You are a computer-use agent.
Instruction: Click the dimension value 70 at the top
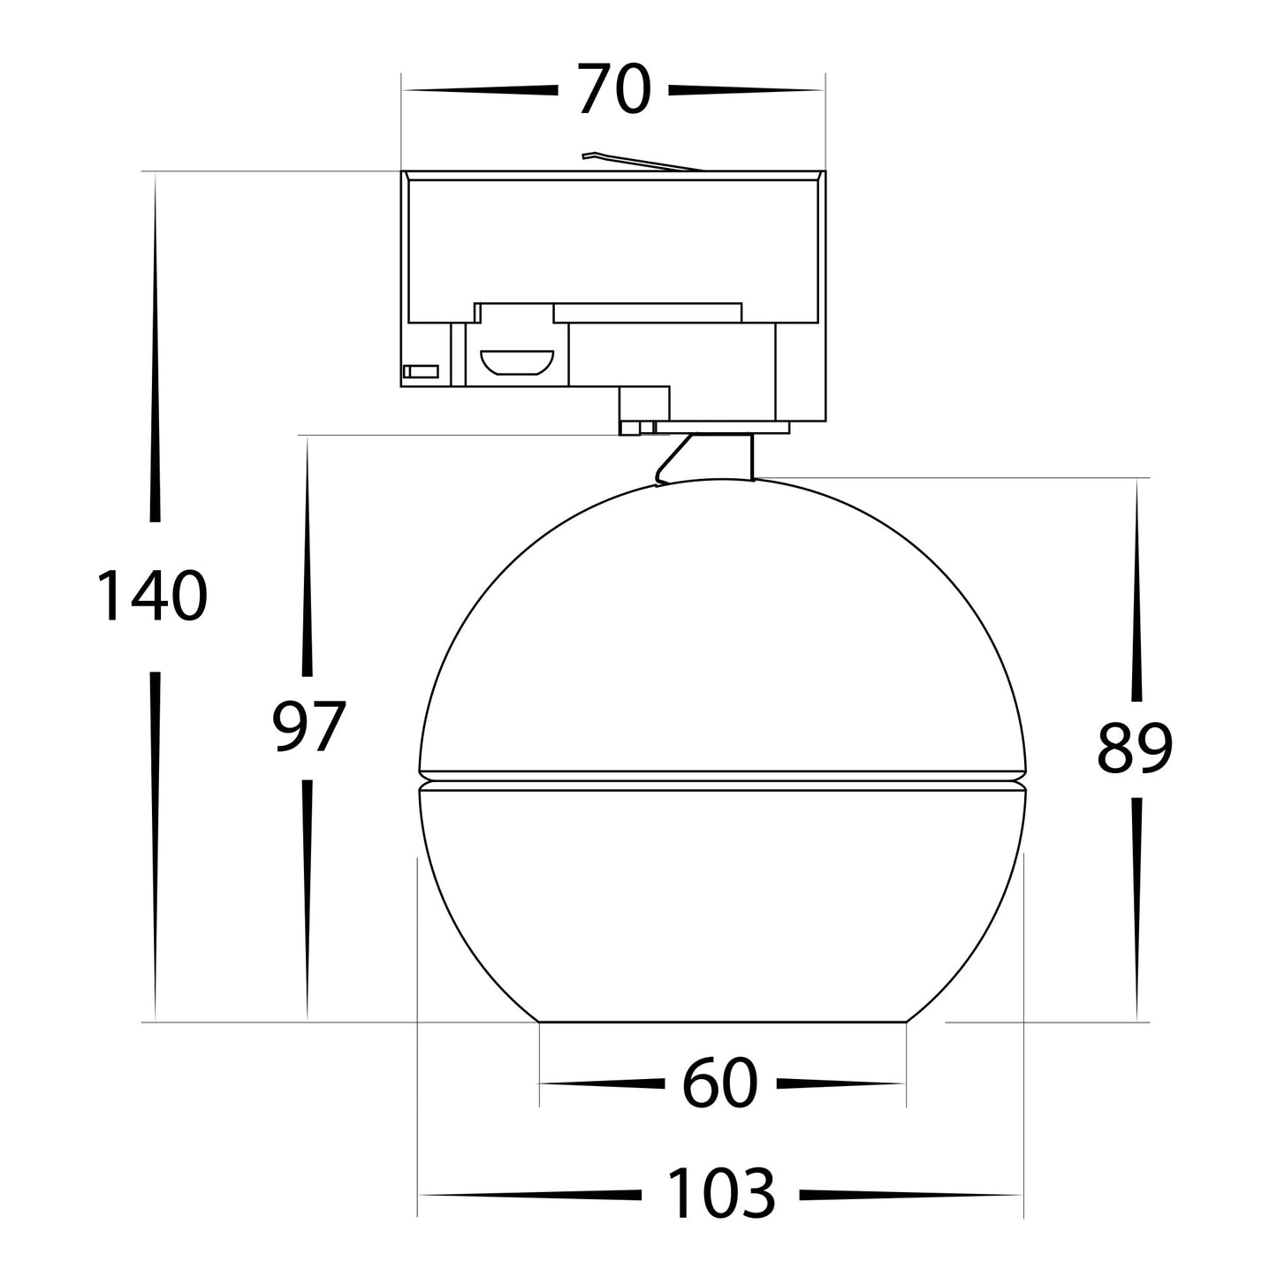pyautogui.click(x=614, y=90)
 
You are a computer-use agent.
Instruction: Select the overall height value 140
pyautogui.click(x=152, y=596)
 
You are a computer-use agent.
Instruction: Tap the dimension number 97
pyautogui.click(x=307, y=726)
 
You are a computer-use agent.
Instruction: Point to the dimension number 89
pyautogui.click(x=1135, y=748)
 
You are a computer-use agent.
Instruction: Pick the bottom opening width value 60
pyautogui.click(x=720, y=1083)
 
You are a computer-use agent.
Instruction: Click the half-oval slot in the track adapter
pyautogui.click(x=516, y=362)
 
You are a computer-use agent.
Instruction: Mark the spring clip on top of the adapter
pyautogui.click(x=642, y=161)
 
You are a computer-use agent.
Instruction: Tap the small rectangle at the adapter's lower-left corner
pyautogui.click(x=421, y=372)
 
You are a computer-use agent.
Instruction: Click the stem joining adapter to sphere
pyautogui.click(x=707, y=458)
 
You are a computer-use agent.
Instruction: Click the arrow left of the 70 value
pyautogui.click(x=482, y=90)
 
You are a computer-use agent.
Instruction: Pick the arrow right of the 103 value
pyautogui.click(x=910, y=1195)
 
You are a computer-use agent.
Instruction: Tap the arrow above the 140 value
pyautogui.click(x=156, y=353)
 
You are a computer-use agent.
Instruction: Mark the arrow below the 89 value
pyautogui.click(x=1136, y=910)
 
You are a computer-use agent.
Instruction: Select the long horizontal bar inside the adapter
pyautogui.click(x=647, y=312)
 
